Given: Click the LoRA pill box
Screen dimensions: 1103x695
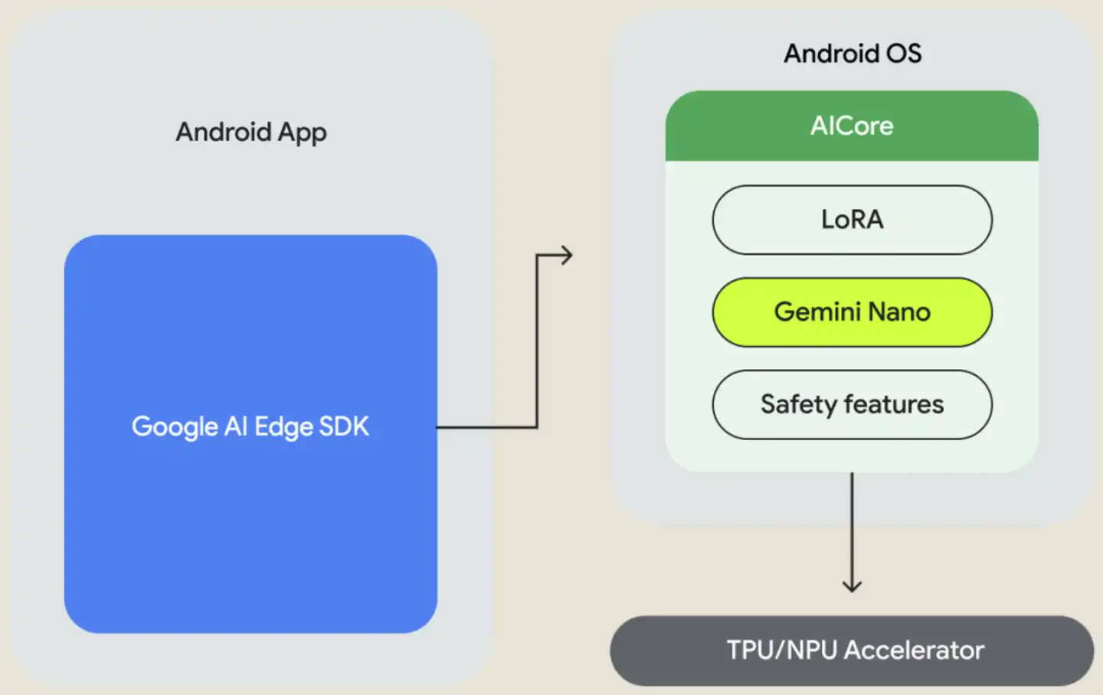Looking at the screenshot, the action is (x=852, y=220).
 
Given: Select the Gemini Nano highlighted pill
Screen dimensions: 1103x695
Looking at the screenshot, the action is (x=852, y=312).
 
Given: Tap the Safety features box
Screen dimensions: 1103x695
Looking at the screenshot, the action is (x=852, y=405).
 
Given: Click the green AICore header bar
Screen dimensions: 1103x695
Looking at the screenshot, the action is (x=852, y=126).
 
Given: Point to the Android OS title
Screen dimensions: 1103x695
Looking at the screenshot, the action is (x=853, y=53).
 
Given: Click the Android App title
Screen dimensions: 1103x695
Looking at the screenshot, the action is (x=251, y=132).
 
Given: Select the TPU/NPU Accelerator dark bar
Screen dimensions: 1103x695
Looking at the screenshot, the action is (x=852, y=651).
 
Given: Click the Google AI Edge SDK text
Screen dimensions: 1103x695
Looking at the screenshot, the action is (x=250, y=427).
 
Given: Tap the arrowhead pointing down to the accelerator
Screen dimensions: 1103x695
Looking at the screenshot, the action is (x=852, y=586).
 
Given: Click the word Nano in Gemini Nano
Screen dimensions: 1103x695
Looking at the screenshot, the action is (x=898, y=312).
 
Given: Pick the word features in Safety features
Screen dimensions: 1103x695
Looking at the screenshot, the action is (x=894, y=404).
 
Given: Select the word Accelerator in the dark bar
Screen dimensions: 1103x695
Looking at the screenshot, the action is (x=915, y=650).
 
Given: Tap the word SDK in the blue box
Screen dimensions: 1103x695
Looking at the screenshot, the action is (x=344, y=426).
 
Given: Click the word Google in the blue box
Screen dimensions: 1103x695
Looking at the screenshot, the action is (x=175, y=427).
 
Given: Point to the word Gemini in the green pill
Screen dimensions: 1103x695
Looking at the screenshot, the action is (x=817, y=312).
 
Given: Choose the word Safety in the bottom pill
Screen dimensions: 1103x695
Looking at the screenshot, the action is (x=799, y=406).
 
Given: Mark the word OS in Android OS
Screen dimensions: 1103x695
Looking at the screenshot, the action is (x=904, y=53).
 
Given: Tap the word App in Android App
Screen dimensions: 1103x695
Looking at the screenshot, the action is (x=302, y=133).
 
